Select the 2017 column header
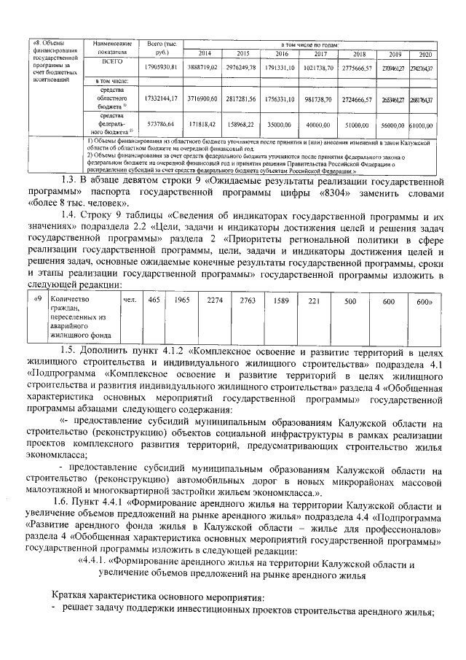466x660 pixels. (x=320, y=54)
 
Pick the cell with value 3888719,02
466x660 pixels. (x=205, y=67)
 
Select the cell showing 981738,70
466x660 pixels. (x=320, y=98)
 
